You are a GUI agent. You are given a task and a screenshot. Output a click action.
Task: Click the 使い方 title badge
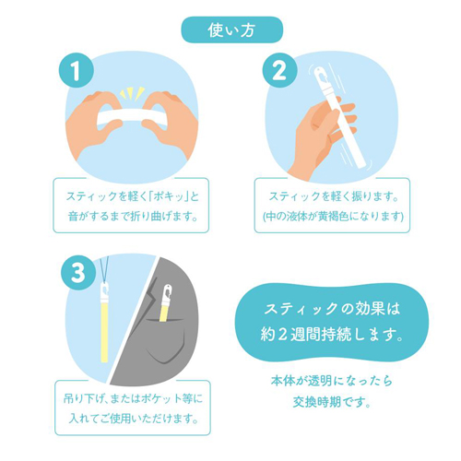point(231,30)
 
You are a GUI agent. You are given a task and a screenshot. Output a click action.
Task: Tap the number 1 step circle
point(76,71)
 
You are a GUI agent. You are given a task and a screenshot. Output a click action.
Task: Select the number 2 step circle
point(279,71)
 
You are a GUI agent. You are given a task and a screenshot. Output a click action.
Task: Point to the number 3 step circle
point(78,272)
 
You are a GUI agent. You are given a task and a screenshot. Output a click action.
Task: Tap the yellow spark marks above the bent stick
point(132,94)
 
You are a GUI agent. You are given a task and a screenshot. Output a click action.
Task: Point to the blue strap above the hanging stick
point(103,270)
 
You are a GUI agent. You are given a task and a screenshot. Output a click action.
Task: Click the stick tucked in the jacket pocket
point(166,302)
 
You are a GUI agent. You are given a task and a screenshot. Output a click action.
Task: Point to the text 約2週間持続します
point(332,334)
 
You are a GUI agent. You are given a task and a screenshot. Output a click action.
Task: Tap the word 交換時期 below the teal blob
point(313,402)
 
